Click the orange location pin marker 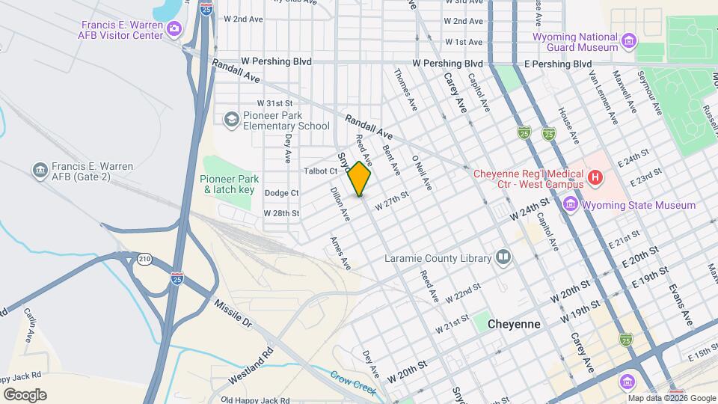[360, 179]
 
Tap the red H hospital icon [595, 178]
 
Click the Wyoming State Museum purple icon [571, 204]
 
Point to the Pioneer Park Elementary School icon [232, 120]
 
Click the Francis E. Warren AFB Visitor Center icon [174, 29]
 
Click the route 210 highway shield [144, 260]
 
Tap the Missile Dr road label [233, 313]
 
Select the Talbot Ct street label [322, 171]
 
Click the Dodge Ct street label [281, 193]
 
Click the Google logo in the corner [25, 395]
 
